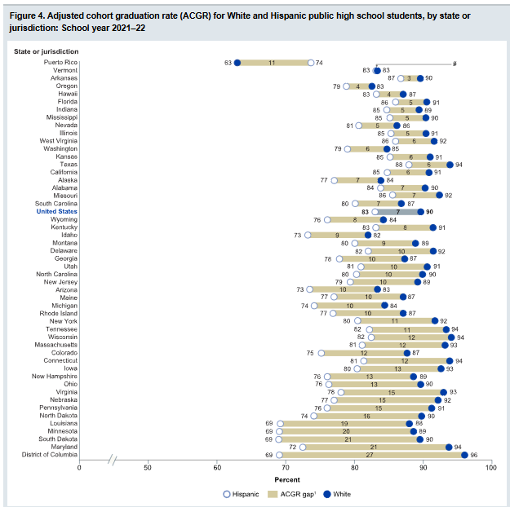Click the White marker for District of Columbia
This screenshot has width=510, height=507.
pos(465,455)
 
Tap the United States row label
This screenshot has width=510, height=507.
pos(56,211)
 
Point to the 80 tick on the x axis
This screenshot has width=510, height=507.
pos(354,467)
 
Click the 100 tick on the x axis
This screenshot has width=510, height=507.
pos(491,467)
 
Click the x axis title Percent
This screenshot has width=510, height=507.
pos(286,479)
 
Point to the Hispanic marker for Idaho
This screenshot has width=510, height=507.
pos(308,235)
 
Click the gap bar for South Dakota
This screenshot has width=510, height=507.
pos(350,439)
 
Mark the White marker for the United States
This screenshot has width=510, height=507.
pos(419,211)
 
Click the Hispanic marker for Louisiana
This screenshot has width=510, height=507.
pos(280,423)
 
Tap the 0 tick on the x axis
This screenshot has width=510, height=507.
pos(79,467)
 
